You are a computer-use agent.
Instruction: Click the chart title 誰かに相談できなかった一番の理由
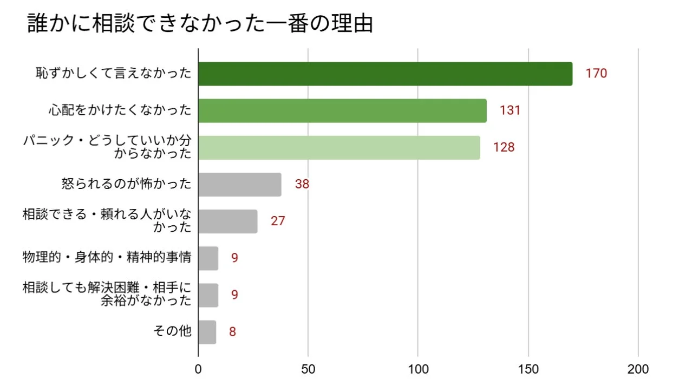[x=200, y=24]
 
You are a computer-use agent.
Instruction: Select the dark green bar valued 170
[x=385, y=74]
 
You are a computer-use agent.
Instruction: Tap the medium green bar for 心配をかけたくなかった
[x=342, y=110]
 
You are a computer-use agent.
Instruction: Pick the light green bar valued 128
[x=339, y=147]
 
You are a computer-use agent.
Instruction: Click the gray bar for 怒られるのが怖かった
[x=240, y=184]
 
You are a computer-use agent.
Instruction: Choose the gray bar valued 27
[x=228, y=221]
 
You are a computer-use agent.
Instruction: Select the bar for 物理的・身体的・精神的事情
[x=208, y=258]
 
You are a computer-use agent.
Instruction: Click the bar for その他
[x=207, y=331]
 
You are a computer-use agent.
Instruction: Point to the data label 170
[x=596, y=74]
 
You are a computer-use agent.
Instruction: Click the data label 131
[x=510, y=110]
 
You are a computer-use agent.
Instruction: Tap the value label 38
[x=302, y=184]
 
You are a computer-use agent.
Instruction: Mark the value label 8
[x=232, y=331]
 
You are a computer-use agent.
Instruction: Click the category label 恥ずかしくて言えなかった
[x=114, y=74]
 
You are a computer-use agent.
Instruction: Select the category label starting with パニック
[x=107, y=147]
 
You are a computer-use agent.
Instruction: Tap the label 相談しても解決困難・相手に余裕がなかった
[x=107, y=294]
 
